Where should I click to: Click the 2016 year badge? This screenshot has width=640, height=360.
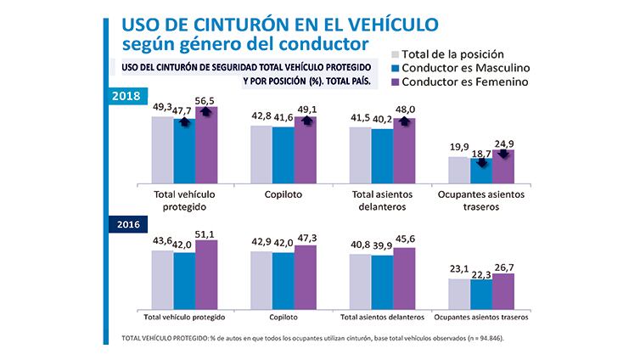click(x=126, y=226)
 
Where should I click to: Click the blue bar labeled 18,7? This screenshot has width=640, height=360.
click(x=480, y=170)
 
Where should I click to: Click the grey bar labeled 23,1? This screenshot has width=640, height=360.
click(x=458, y=293)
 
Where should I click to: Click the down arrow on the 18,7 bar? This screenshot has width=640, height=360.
click(x=481, y=160)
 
